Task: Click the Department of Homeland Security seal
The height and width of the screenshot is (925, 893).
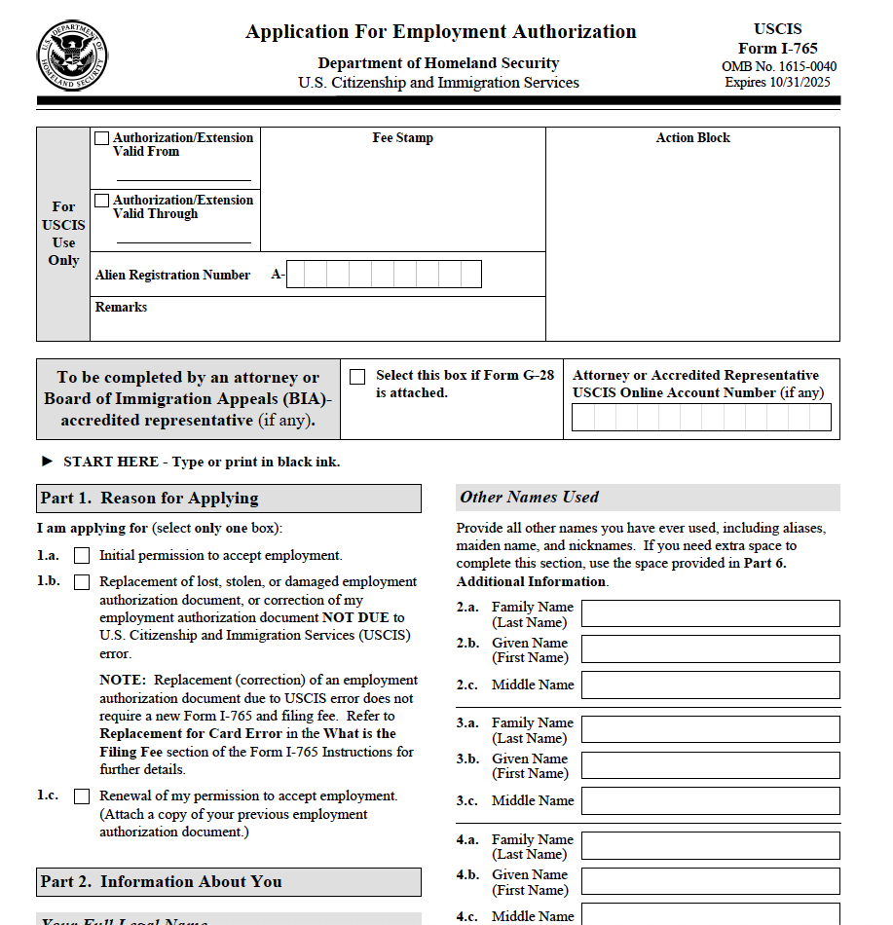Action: pos(74,55)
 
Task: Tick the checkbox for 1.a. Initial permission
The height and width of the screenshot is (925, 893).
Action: pos(82,556)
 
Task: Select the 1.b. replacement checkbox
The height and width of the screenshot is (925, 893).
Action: pos(82,582)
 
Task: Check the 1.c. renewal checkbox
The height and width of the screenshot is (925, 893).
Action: pos(82,796)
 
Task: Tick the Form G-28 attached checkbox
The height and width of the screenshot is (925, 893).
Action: pos(357,377)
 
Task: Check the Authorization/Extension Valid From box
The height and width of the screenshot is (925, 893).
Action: pos(102,138)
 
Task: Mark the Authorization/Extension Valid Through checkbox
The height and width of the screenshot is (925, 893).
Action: pos(102,201)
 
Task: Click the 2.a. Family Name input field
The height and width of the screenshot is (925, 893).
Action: pos(710,613)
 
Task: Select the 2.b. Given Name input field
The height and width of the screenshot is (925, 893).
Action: pos(710,649)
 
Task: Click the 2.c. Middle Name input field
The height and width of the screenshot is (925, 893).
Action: pos(710,684)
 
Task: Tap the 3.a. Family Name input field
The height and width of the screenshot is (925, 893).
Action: pos(710,729)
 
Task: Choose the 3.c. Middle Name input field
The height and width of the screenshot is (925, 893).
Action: pos(710,800)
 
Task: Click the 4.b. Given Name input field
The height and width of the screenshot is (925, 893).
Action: pos(710,881)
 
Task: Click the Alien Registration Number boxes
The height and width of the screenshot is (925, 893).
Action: pos(384,275)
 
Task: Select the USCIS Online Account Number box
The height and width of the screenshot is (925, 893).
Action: pos(701,418)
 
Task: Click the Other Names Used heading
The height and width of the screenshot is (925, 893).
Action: pos(530,498)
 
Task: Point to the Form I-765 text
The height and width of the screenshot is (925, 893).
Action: pos(777,49)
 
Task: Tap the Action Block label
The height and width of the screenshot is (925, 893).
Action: pos(692,138)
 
